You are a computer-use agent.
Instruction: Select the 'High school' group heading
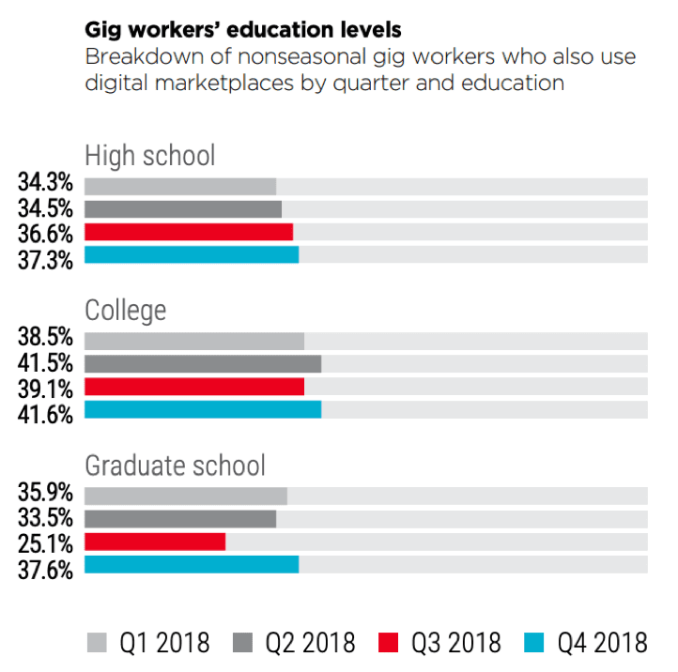click(150, 155)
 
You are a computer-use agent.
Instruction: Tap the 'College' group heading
click(126, 310)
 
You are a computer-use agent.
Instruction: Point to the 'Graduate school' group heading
click(176, 465)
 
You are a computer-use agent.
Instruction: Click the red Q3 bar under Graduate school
click(155, 542)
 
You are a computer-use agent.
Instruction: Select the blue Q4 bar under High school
click(192, 254)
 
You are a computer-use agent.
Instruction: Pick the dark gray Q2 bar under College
click(203, 364)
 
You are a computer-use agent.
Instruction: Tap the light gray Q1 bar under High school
click(180, 187)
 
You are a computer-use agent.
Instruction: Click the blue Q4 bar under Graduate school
click(192, 564)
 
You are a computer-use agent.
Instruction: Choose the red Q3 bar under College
click(194, 387)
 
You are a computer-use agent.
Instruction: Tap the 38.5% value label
click(45, 337)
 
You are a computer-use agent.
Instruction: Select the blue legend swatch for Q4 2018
click(532, 642)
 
